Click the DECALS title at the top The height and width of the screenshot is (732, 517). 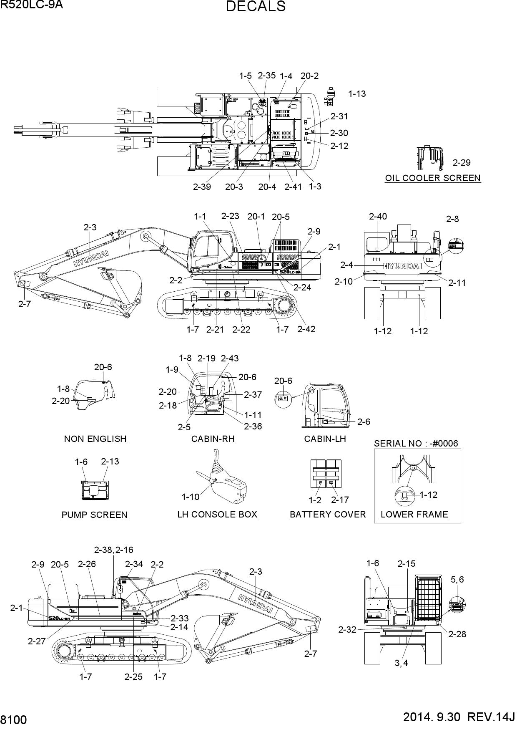[x=256, y=7]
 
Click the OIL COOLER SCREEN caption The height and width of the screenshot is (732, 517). [x=433, y=178]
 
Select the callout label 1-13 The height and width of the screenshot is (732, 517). [x=357, y=94]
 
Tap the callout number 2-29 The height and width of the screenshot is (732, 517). [x=462, y=162]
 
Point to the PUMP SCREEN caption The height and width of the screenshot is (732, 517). [x=95, y=515]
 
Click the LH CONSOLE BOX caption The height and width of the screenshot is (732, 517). [x=218, y=515]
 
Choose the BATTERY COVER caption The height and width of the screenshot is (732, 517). [x=328, y=515]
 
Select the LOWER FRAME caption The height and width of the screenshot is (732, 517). [x=414, y=515]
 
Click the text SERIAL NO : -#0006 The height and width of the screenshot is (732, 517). [x=416, y=443]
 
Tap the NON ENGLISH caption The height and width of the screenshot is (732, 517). [x=95, y=439]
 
